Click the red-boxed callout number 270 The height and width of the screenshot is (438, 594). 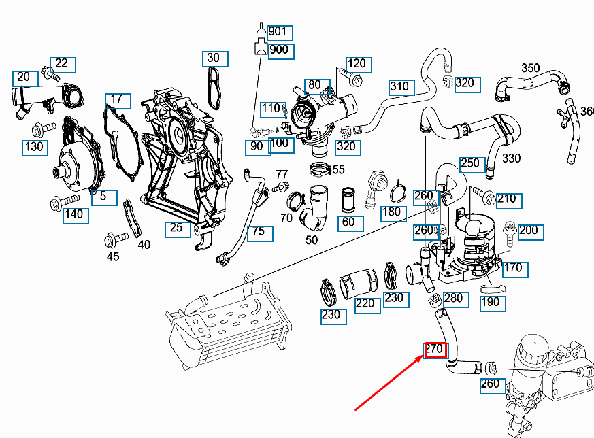[x=434, y=350]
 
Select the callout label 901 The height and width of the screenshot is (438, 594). [x=278, y=32]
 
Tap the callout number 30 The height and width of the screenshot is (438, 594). [x=214, y=58]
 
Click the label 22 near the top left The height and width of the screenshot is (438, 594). [x=62, y=65]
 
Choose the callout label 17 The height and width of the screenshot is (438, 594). [x=116, y=100]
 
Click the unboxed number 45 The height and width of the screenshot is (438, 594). [x=113, y=256]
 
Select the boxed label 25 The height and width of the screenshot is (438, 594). [x=177, y=229]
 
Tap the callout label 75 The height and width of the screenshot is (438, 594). [x=259, y=232]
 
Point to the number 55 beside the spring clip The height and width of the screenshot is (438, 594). [x=338, y=170]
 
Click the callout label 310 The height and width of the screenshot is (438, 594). [x=400, y=87]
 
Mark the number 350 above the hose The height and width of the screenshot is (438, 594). [x=531, y=68]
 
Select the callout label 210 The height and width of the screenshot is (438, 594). [x=506, y=199]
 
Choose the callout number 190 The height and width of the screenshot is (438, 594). [x=491, y=303]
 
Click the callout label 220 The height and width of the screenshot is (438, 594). [x=366, y=303]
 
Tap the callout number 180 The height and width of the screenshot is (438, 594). [x=392, y=213]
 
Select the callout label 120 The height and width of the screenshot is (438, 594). [x=357, y=64]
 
